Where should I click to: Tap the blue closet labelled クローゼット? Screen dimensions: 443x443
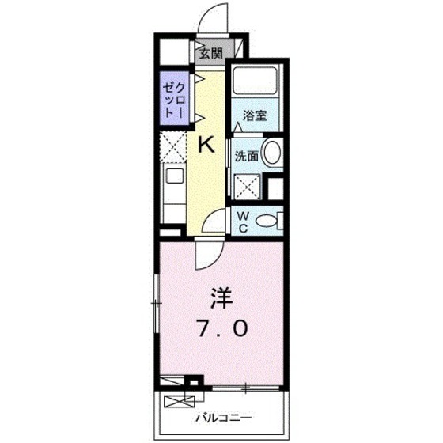coord(173,98)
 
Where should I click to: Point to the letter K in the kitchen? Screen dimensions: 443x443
coord(206,144)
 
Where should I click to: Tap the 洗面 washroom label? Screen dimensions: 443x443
coord(246,156)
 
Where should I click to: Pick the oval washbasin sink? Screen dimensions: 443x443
coord(272,153)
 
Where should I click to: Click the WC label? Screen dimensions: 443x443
coord(243,221)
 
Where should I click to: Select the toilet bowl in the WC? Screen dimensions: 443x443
coord(270,221)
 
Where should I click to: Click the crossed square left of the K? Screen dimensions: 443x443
coord(172,147)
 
